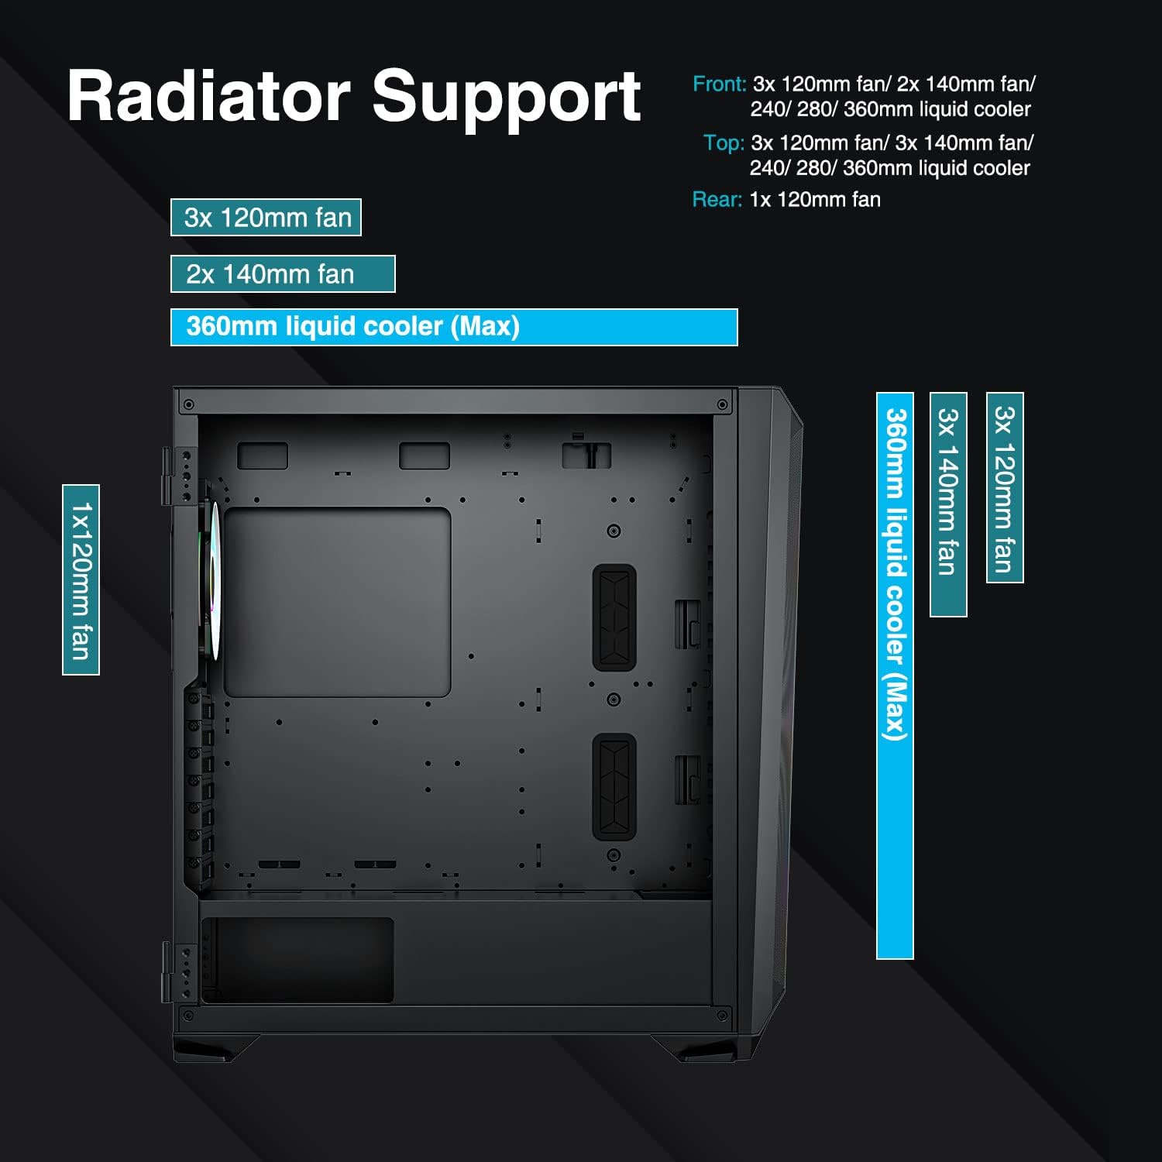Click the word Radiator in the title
click(x=209, y=97)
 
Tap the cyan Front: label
click(x=719, y=84)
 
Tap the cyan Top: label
click(x=724, y=143)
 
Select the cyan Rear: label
click(x=717, y=200)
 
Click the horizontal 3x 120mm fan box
click(x=266, y=218)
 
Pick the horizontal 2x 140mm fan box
click(x=283, y=274)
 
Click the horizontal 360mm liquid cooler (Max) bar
click(x=453, y=327)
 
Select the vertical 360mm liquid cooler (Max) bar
click(x=895, y=676)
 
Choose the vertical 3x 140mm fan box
click(x=948, y=504)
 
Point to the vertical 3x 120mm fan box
click(x=1005, y=487)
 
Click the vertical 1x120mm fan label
click(x=81, y=579)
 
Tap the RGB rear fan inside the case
click(x=211, y=581)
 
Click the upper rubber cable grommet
click(x=614, y=617)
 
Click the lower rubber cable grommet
click(x=614, y=786)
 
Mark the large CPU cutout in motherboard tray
click(x=337, y=602)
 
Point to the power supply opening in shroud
click(x=298, y=961)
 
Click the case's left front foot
click(x=217, y=1047)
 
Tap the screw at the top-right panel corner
click(x=722, y=404)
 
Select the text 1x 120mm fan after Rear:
click(x=815, y=200)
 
